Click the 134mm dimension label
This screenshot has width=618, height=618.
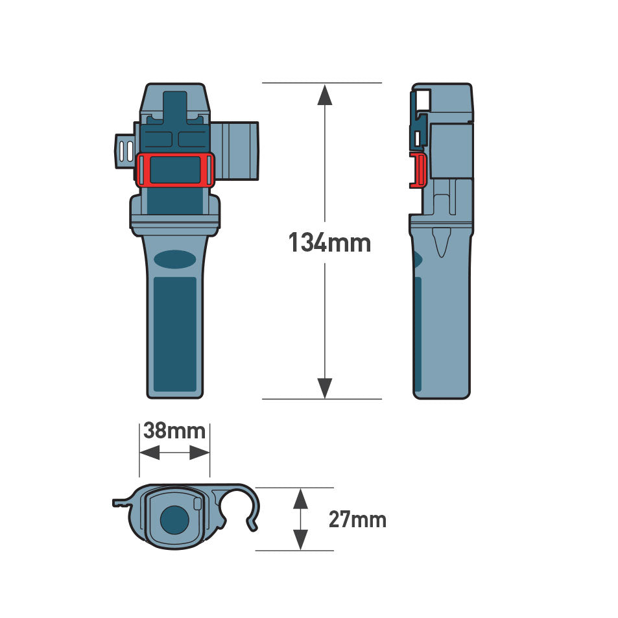tap(329, 243)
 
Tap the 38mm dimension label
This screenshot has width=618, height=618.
tap(174, 431)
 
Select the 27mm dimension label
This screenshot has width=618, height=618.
tap(357, 519)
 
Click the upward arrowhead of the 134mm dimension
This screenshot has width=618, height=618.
tap(324, 95)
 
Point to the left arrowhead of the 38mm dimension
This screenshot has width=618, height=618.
tap(150, 453)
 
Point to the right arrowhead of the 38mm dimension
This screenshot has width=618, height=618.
tap(200, 453)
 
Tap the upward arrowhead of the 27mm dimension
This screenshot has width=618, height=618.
tap(301, 499)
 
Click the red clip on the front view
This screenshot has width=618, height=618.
tap(175, 170)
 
